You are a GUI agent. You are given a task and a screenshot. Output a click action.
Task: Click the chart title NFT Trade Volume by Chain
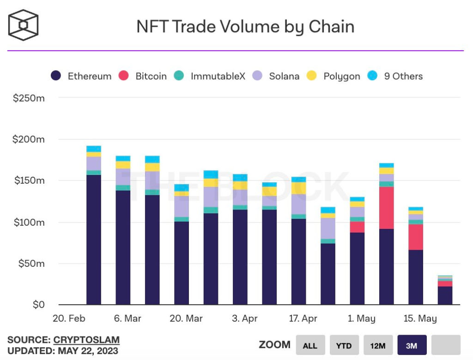coord(245,27)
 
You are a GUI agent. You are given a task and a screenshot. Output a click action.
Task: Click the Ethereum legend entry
coord(81,76)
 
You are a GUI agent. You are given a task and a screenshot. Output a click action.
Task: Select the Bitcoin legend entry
coord(143,76)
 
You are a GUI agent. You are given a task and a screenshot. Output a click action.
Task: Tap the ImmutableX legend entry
coord(210,76)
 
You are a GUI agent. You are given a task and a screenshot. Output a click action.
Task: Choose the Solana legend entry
coord(277,76)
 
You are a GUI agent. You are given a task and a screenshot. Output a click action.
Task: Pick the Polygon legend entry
coord(334,76)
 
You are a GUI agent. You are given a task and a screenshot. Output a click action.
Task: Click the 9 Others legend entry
coord(395,76)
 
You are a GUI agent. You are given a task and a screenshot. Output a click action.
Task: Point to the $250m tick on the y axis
coord(29,98)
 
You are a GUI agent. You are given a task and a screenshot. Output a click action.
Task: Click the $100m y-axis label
coord(29,222)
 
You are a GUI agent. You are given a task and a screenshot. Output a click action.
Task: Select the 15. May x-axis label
coord(421,318)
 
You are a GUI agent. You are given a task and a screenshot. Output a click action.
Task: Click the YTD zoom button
coord(344,345)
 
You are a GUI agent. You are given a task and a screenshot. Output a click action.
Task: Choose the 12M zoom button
coord(378,345)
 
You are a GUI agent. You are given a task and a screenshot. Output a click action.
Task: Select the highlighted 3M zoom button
coord(412,345)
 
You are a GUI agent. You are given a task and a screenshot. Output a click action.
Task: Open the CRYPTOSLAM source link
coord(86,340)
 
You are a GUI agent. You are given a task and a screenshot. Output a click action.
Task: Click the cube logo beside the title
coord(23,25)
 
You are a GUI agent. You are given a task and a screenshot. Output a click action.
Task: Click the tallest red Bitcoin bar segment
coord(387,208)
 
